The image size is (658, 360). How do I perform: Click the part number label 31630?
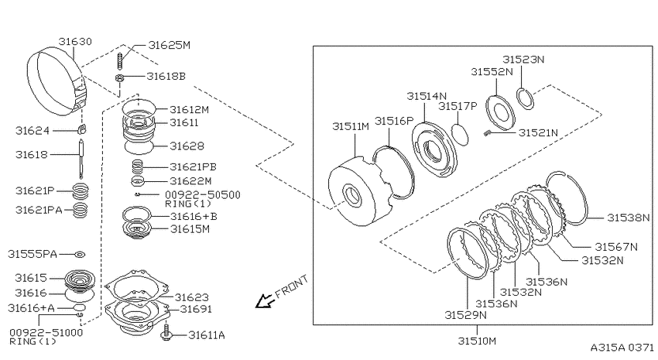point(75,42)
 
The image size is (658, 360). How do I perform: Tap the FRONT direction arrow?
point(265,301)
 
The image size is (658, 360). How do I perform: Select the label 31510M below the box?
point(477,341)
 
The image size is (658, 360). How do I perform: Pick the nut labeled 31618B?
point(119,77)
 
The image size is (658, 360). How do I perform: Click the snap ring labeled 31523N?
point(525,99)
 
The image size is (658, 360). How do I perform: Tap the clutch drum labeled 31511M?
point(361,191)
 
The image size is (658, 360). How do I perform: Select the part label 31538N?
point(629,218)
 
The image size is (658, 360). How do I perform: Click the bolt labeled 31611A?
point(166,332)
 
